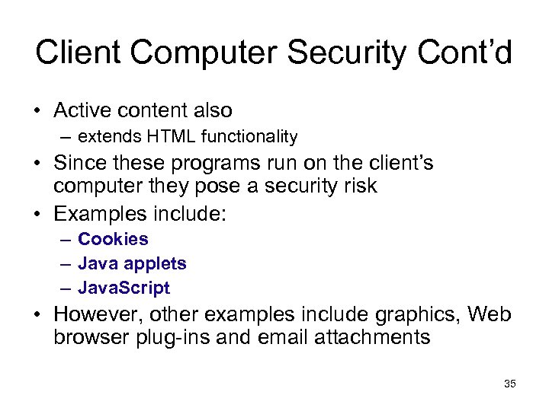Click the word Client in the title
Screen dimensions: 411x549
pyautogui.click(x=72, y=53)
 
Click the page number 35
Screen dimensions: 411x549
pyautogui.click(x=510, y=384)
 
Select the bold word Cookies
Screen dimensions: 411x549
pyautogui.click(x=113, y=239)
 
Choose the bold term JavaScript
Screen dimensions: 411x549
pyautogui.click(x=124, y=288)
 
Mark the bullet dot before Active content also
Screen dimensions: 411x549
pyautogui.click(x=37, y=111)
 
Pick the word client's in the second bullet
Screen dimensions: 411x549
pyautogui.click(x=396, y=164)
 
